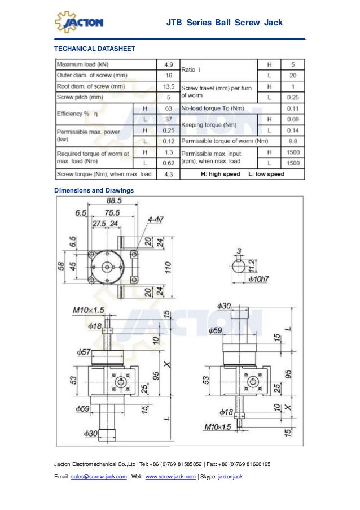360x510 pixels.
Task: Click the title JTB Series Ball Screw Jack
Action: pos(224,23)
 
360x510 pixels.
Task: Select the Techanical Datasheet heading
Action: pos(94,49)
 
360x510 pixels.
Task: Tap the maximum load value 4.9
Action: pos(168,64)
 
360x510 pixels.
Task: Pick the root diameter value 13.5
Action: pos(168,86)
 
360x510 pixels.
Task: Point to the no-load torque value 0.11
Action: pos(292,108)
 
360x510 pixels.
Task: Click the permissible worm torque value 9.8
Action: pos(292,141)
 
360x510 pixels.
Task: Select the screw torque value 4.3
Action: pos(168,174)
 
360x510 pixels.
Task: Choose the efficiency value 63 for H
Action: pos(168,108)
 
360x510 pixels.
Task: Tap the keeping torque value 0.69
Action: pos(292,119)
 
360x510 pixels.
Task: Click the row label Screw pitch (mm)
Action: pos(80,97)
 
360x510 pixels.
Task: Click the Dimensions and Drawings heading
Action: pos(94,190)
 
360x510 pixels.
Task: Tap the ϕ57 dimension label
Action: pos(85,351)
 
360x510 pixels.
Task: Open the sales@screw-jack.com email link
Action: pos(100,477)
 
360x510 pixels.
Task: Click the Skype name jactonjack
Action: pos(230,477)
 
